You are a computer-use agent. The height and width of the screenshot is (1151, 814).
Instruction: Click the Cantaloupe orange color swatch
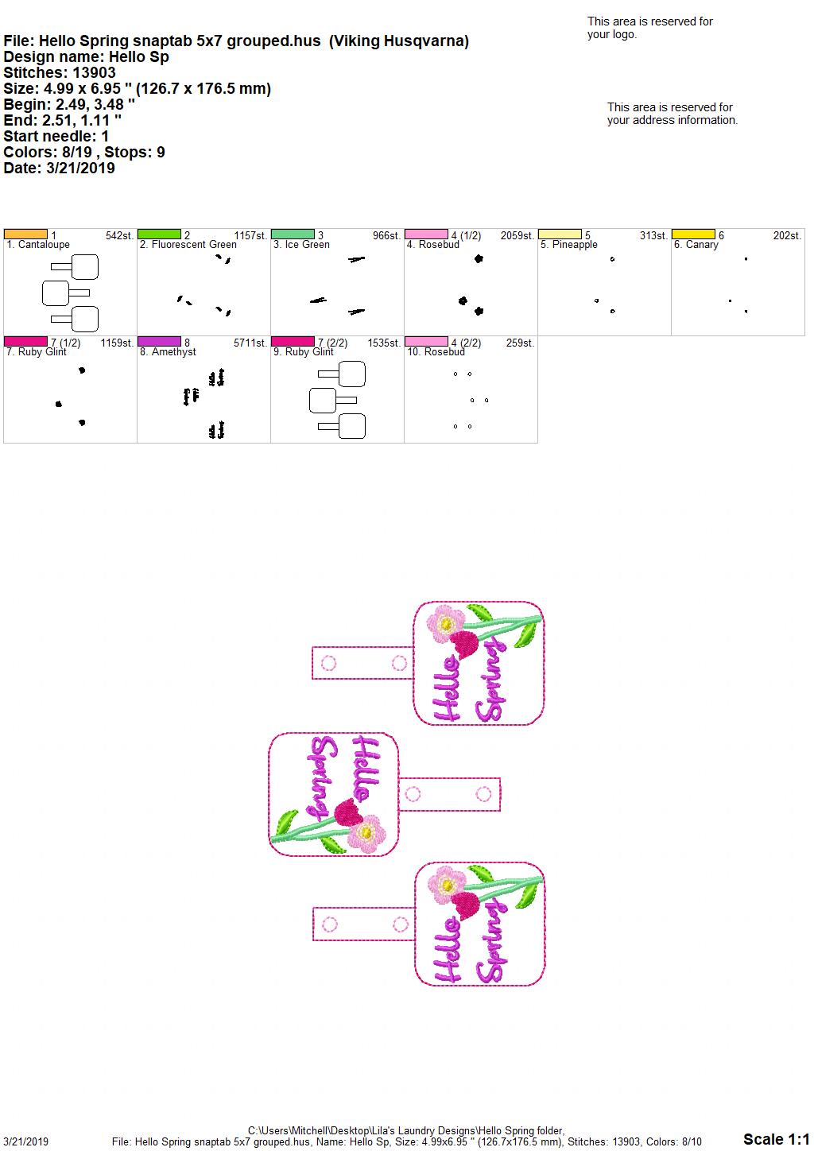point(25,234)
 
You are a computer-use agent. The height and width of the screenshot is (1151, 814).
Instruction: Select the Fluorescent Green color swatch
point(159,234)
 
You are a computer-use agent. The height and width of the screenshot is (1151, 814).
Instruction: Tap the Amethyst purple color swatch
point(159,342)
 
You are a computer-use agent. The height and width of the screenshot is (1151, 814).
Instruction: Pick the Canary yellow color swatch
point(693,234)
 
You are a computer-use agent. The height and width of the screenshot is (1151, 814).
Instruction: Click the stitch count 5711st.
point(250,343)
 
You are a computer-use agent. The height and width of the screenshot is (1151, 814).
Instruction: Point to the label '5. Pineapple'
point(569,245)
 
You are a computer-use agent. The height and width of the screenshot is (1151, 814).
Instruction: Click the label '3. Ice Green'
point(301,245)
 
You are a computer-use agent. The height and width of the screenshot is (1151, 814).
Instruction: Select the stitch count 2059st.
point(517,236)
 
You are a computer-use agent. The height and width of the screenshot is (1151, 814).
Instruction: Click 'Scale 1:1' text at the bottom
point(776,1139)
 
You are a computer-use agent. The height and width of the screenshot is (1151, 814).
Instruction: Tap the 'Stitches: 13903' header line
point(60,72)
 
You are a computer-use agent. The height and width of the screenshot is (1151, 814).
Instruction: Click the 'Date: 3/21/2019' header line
point(59,168)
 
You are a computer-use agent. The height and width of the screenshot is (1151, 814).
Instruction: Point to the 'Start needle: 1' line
point(56,136)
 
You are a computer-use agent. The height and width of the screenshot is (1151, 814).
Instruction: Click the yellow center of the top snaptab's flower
point(446,624)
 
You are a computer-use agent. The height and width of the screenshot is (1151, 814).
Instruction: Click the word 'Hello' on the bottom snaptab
point(447,950)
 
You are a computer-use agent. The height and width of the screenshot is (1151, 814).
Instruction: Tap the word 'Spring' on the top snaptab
point(490,680)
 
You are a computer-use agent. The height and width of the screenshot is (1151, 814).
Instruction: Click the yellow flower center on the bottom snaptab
point(448,885)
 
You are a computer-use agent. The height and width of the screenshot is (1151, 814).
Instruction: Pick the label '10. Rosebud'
point(436,352)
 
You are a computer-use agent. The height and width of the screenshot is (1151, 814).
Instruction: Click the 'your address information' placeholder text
point(673,120)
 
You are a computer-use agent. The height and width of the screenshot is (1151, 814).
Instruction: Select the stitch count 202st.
point(787,236)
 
